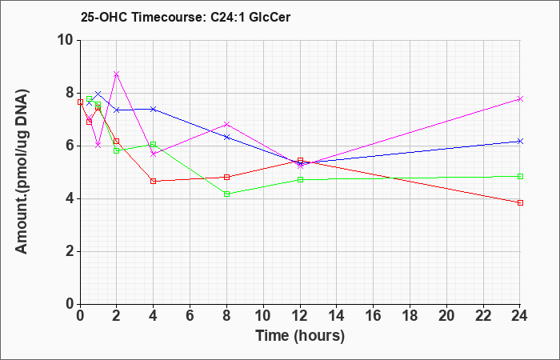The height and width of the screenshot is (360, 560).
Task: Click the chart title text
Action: [x=186, y=17]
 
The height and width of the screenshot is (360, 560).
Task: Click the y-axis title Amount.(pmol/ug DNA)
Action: [x=22, y=172]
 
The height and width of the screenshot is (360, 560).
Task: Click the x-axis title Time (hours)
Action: [x=300, y=336]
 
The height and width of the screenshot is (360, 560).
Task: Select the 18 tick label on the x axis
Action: [x=410, y=315]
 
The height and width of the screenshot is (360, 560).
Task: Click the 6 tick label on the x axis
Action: [x=190, y=315]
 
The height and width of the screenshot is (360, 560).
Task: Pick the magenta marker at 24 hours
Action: [x=520, y=99]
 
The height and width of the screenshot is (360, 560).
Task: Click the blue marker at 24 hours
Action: [x=520, y=142]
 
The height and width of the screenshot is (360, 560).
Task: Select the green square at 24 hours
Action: [x=520, y=177]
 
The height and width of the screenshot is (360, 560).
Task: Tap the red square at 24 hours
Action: [x=520, y=203]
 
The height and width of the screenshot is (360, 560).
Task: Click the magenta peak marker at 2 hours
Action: [x=117, y=74]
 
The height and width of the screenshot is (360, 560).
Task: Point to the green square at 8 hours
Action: [x=226, y=194]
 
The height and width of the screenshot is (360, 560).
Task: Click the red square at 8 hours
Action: [x=226, y=177]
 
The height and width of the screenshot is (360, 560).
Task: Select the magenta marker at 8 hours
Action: [x=226, y=124]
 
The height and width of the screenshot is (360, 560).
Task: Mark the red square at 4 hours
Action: [x=154, y=181]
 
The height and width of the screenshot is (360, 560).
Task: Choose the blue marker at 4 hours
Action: [x=154, y=109]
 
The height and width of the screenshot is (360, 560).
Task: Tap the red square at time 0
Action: [x=80, y=102]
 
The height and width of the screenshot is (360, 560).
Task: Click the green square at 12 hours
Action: [x=300, y=180]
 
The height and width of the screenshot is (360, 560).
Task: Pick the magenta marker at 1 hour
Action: [x=98, y=146]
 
